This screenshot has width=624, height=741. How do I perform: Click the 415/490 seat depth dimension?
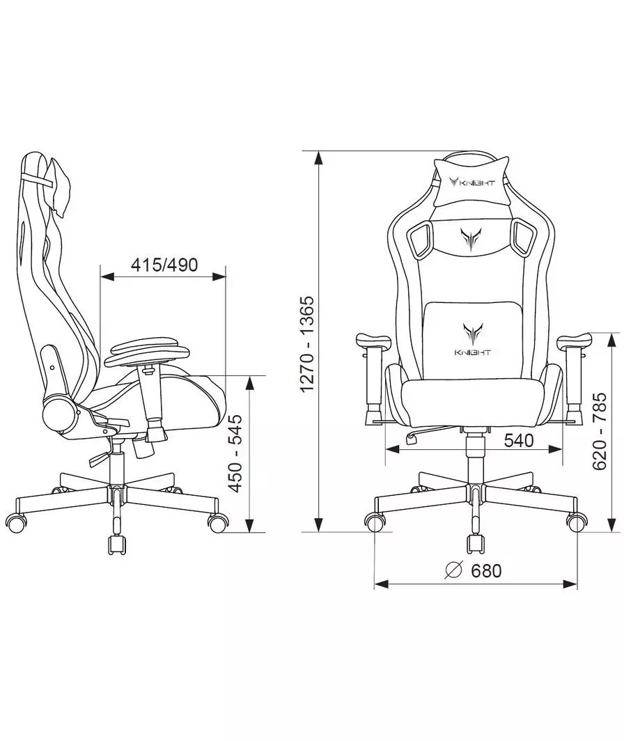tap(164, 265)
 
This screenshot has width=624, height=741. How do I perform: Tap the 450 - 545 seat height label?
tap(235, 453)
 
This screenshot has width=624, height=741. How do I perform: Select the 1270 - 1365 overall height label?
tap(306, 344)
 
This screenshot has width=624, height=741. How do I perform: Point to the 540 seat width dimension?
tap(519, 440)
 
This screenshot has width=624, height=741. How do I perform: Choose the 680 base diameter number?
tap(486, 570)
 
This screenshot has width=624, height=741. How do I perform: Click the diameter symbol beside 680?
tap(453, 570)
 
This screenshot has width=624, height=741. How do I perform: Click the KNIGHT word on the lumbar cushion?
tap(473, 352)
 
